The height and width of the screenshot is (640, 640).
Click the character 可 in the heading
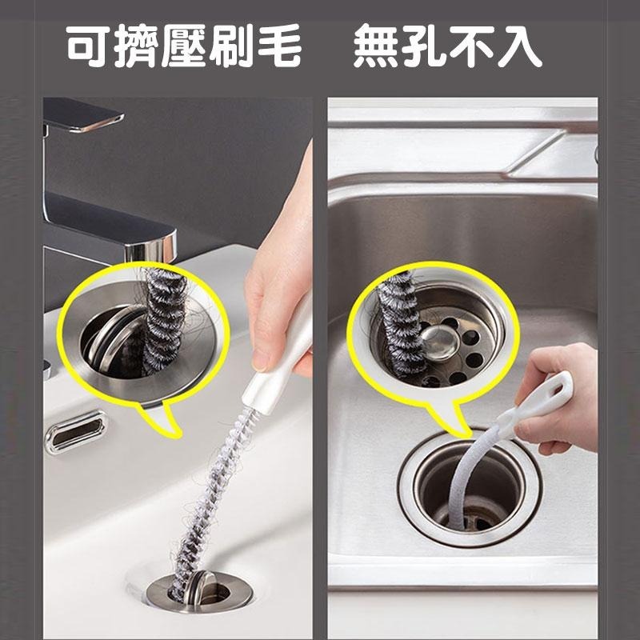[x=88, y=48]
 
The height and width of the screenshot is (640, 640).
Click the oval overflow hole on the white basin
[x=75, y=433]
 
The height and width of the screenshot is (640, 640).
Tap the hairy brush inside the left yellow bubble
[x=164, y=320]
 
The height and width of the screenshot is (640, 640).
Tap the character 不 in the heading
[x=472, y=48]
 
